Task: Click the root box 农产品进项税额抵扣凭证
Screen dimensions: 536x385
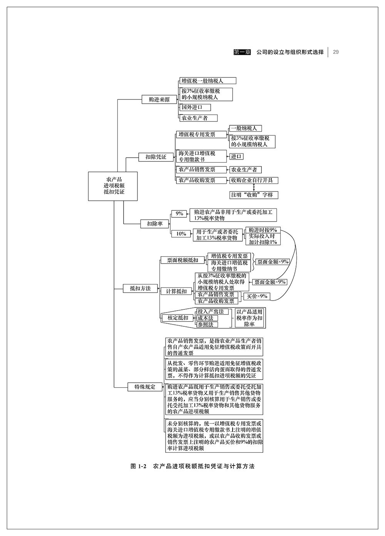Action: tap(114, 186)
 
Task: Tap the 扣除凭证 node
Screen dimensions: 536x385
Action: tap(156, 157)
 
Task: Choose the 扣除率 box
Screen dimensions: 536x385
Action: tap(154, 223)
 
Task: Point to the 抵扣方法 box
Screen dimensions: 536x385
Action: tap(140, 288)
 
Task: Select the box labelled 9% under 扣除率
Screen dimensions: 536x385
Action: tap(179, 213)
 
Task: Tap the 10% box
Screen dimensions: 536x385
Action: tap(181, 234)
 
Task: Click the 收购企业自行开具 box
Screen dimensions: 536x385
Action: tap(253, 180)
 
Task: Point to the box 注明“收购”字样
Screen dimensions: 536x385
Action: tap(253, 195)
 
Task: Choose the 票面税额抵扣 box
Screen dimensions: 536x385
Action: tap(182, 260)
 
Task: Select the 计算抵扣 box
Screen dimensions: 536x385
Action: tap(176, 291)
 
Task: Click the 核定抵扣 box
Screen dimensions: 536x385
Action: tap(177, 318)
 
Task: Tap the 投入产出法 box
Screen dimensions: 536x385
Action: tap(210, 311)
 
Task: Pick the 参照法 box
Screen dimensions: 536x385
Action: tap(207, 324)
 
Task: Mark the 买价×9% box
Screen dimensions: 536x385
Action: tap(257, 296)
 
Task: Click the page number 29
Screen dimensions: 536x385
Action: tap(336, 52)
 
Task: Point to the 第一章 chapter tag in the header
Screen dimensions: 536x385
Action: tap(243, 52)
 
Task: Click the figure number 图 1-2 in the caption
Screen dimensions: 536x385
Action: tap(139, 466)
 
